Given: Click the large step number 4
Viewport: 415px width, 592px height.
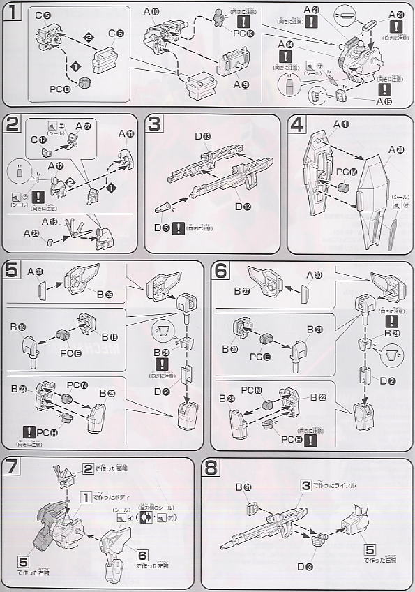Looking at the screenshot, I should coord(297,126).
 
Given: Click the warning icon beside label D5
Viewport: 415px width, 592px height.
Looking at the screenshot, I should coord(179,227).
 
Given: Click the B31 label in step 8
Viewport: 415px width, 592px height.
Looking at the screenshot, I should coord(253,487).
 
